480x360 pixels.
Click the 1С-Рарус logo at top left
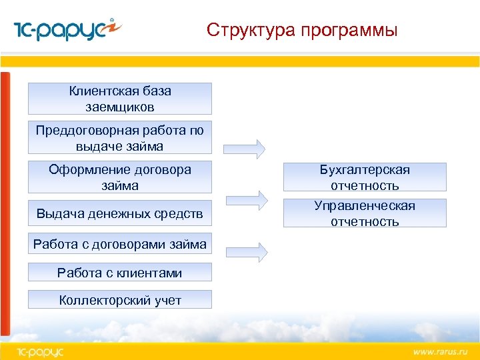tap(67, 30)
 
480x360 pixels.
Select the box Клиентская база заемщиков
tap(120, 99)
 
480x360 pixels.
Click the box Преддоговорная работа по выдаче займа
tap(120, 138)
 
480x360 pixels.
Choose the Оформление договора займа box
tap(120, 177)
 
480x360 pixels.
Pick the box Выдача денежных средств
tap(120, 213)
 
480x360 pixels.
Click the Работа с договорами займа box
tap(120, 245)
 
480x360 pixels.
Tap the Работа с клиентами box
tap(120, 273)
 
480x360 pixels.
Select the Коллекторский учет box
tap(120, 300)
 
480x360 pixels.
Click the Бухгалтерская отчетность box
tap(365, 177)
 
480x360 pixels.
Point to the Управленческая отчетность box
tap(365, 213)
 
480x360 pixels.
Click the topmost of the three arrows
tap(245, 149)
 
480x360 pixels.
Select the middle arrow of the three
tap(247, 199)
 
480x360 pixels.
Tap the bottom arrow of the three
tap(245, 251)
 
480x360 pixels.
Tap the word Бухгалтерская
tap(365, 170)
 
